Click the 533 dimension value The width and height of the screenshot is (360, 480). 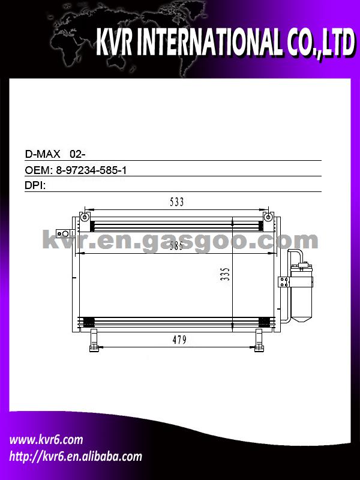point(176,202)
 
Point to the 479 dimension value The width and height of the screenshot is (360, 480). point(179,340)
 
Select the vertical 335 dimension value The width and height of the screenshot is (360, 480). point(225,274)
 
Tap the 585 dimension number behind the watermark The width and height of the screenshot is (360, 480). point(176,246)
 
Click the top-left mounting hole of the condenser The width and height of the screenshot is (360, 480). point(84,217)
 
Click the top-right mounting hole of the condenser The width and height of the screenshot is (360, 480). point(268,217)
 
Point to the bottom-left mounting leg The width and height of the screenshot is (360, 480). point(94,340)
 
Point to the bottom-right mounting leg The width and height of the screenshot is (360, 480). point(259,340)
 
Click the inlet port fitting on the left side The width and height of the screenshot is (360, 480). point(64,233)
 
